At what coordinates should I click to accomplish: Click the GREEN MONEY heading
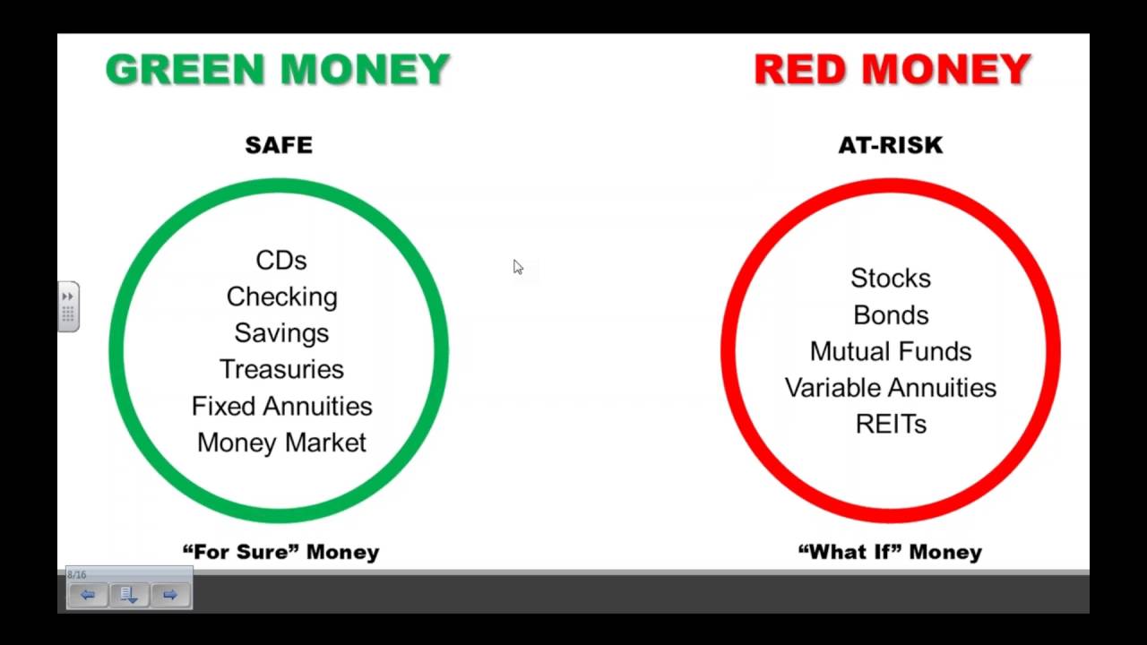point(278,70)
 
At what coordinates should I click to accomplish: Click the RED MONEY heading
point(893,70)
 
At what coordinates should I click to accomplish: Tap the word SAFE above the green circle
point(279,145)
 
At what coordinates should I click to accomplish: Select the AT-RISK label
point(891,145)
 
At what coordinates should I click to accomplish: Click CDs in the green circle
point(281,261)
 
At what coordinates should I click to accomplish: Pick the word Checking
point(281,297)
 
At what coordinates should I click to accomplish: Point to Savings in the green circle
point(281,333)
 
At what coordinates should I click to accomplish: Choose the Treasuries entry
point(281,369)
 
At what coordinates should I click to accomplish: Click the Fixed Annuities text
point(281,406)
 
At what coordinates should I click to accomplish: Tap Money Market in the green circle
point(281,443)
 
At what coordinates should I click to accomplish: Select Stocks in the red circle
point(891,279)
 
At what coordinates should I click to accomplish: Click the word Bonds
point(891,315)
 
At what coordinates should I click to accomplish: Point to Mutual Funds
point(891,351)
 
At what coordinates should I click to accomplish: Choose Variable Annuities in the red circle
point(891,388)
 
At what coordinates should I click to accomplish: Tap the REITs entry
point(891,424)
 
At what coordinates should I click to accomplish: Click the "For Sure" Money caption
point(280,552)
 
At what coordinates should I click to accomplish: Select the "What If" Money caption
point(890,552)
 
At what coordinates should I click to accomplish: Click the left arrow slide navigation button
point(88,595)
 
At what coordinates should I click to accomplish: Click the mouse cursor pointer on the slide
point(518,267)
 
